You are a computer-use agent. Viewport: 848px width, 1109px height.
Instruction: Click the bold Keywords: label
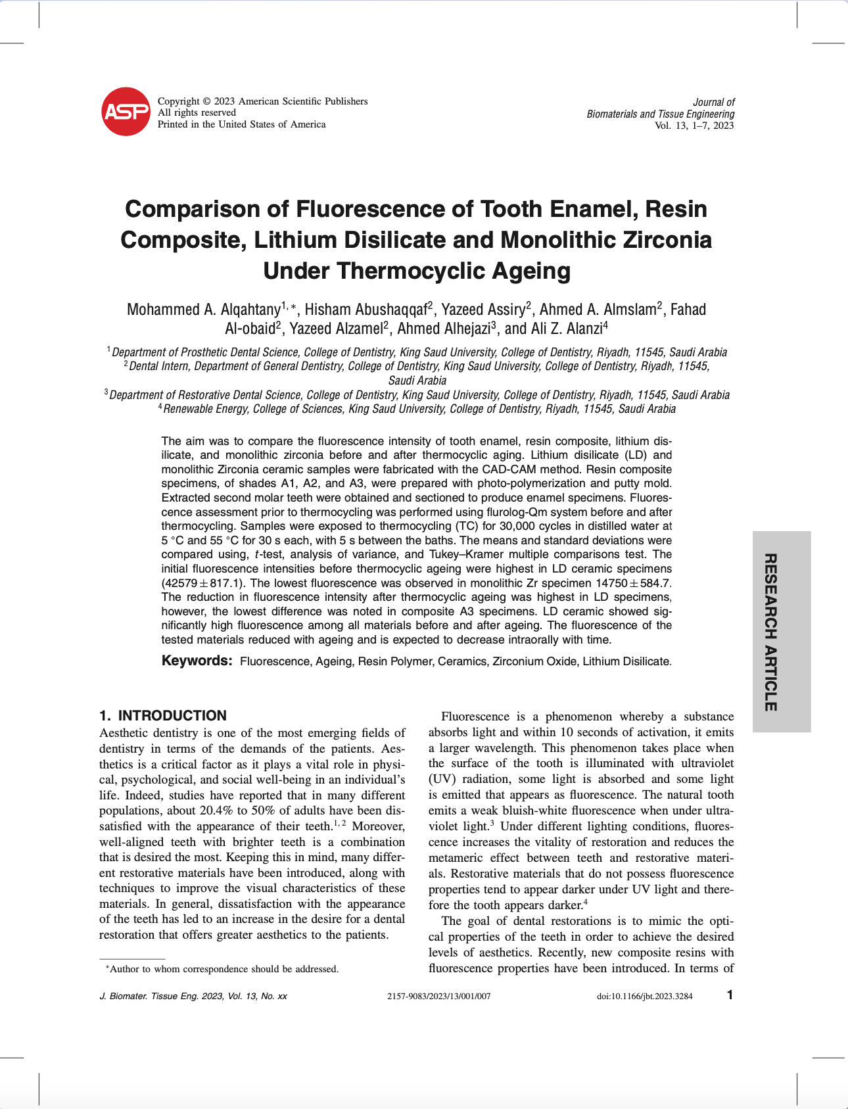coord(197,661)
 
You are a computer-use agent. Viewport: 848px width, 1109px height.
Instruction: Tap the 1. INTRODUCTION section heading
coord(163,716)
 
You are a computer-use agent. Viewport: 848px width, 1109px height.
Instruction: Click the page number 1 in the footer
coord(730,995)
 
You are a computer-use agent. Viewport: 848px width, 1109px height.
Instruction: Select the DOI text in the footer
coord(644,996)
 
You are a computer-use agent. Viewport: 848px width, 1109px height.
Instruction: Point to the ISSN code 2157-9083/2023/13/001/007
coord(439,996)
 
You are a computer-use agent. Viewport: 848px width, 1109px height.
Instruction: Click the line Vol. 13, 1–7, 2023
coord(694,126)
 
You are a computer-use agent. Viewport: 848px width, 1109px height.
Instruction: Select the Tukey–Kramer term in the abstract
coord(467,554)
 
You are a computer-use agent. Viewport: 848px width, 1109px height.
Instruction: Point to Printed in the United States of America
coord(241,124)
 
